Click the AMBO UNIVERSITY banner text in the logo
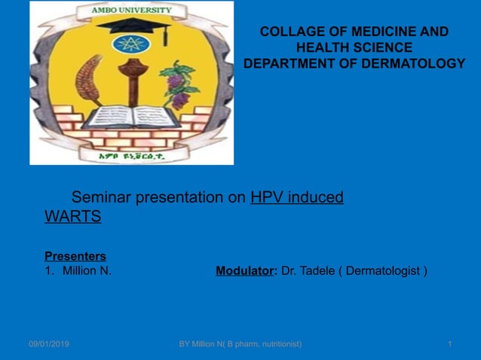(x=131, y=11)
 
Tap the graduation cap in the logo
(x=131, y=28)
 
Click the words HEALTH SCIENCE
(x=354, y=47)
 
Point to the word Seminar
(x=103, y=198)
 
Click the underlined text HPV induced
(x=296, y=198)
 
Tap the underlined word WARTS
(x=73, y=217)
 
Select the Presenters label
(x=75, y=256)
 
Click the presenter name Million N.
(x=87, y=270)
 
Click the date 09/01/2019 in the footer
(x=49, y=344)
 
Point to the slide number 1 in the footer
(x=449, y=344)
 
